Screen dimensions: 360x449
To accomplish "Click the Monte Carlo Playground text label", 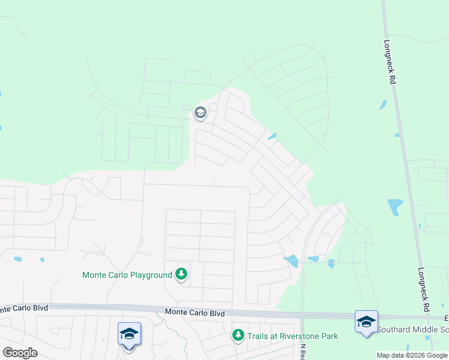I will pos(127,275).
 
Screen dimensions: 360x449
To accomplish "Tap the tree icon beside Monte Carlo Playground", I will pos(181,275).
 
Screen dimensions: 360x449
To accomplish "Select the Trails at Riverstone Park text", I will pos(294,337).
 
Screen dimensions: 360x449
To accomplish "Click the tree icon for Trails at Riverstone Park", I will pos(238,335).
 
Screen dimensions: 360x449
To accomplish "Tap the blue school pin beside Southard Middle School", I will pos(366,321).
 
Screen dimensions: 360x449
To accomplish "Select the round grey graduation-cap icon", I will pos(200,113).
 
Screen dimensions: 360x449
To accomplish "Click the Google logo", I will pos(20,352).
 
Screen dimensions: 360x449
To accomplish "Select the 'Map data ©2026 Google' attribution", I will pos(412,355).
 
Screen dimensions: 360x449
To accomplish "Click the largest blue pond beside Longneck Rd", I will pos(394,207).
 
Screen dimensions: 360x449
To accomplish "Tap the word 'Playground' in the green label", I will pos(151,275).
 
